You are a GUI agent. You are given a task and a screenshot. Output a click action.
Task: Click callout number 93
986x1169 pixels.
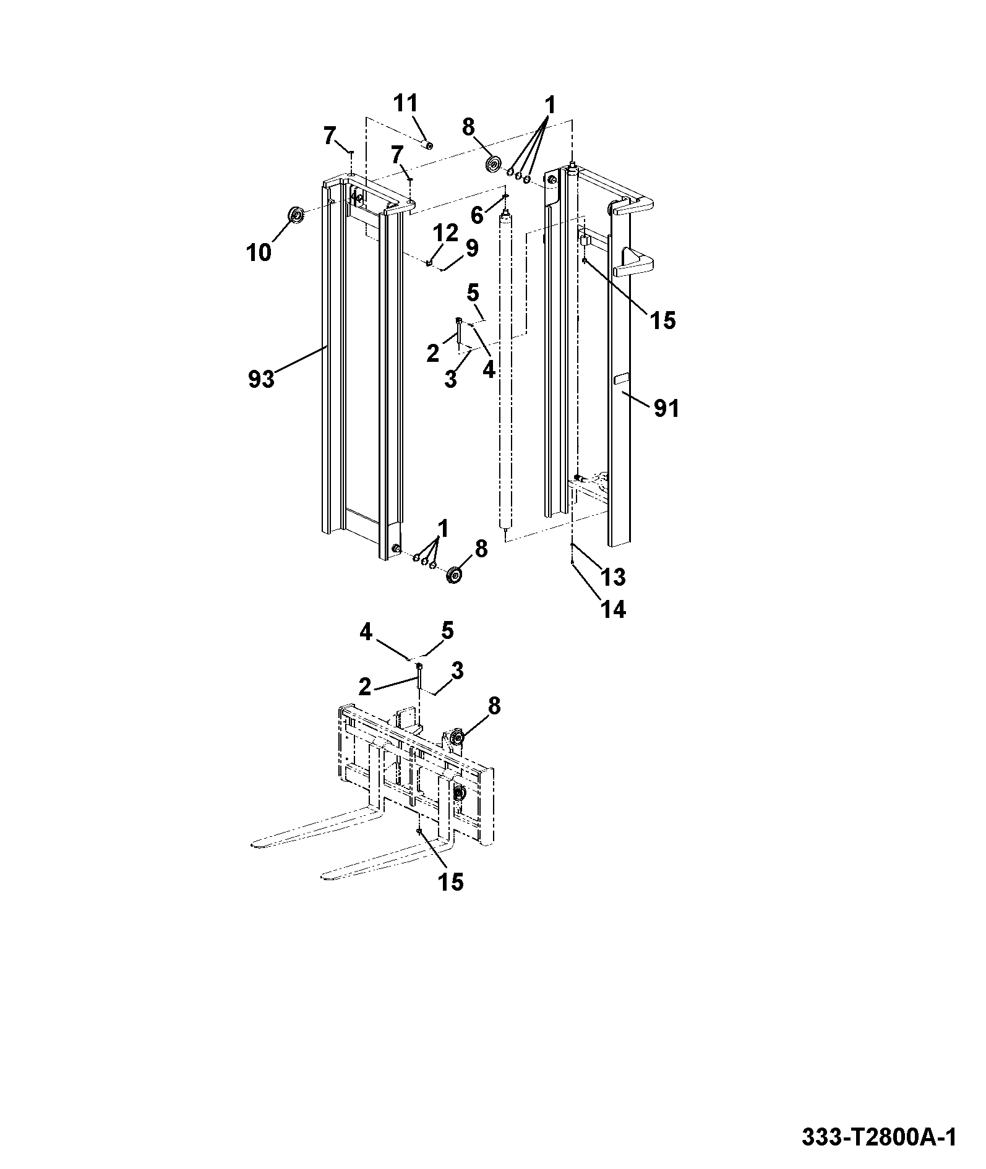pyautogui.click(x=260, y=379)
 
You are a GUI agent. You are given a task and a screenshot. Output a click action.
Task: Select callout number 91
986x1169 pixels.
pyautogui.click(x=666, y=408)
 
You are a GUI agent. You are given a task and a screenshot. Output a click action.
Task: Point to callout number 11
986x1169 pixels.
pyautogui.click(x=406, y=103)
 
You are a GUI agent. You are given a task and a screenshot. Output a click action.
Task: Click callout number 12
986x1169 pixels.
pyautogui.click(x=445, y=233)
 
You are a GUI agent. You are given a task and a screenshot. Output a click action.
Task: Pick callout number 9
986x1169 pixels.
pyautogui.click(x=471, y=248)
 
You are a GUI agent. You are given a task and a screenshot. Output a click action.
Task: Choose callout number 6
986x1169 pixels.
pyautogui.click(x=478, y=215)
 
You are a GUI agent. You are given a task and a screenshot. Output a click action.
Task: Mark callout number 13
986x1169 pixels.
pyautogui.click(x=613, y=576)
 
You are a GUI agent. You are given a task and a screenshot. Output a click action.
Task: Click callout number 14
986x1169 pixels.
pyautogui.click(x=613, y=609)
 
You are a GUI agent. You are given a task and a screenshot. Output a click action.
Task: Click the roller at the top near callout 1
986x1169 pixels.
pyautogui.click(x=494, y=166)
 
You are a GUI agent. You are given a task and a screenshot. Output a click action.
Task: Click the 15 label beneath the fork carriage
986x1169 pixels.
pyautogui.click(x=450, y=882)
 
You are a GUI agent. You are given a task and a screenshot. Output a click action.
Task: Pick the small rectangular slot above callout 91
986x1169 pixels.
pyautogui.click(x=622, y=378)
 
